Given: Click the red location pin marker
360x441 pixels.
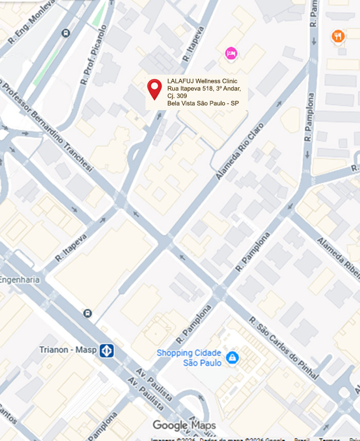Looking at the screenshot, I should pos(154,88).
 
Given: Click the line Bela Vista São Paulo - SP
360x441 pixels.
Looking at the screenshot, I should pos(203,103).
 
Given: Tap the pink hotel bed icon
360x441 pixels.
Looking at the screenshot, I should pos(231,53).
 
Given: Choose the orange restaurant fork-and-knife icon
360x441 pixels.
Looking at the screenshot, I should pos(337,36).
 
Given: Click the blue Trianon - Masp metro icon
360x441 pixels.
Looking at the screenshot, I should pos(107,351).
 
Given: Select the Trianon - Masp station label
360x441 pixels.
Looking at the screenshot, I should pos(67,350).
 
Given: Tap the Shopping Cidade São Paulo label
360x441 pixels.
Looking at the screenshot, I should pos(189,358).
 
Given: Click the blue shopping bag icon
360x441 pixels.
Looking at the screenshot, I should pos(232,357).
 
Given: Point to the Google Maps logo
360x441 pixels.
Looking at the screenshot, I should pos(184,426).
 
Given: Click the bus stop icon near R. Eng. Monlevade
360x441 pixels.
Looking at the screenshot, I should pos(65,33).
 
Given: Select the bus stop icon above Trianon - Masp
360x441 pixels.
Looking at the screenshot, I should pos(87,313).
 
